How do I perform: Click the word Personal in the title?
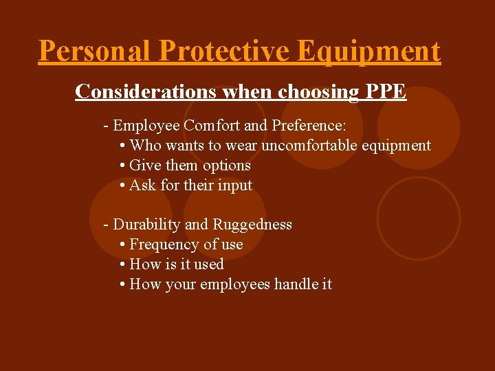[95, 51]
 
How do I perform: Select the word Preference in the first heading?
[309, 126]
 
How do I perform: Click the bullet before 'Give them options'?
[122, 166]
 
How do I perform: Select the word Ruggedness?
[252, 225]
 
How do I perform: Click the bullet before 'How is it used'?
[122, 265]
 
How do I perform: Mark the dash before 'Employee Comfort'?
[106, 126]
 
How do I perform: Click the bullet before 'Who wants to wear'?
[122, 146]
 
